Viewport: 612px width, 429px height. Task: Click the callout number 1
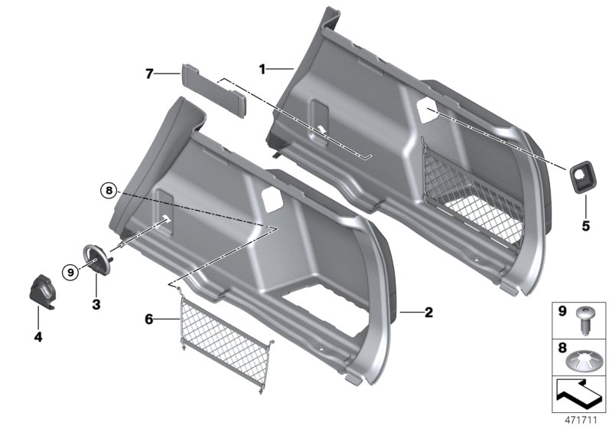coord(262,69)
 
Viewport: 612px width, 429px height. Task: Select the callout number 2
coord(429,312)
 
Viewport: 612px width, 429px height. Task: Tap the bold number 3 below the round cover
coord(96,282)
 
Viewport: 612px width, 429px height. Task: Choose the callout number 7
coord(150,74)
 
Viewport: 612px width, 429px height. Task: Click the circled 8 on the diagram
coord(109,191)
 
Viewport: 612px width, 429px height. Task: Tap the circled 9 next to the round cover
coord(70,270)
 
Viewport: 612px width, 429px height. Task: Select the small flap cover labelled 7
coord(213,90)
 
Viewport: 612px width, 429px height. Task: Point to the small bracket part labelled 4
coord(44,290)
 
